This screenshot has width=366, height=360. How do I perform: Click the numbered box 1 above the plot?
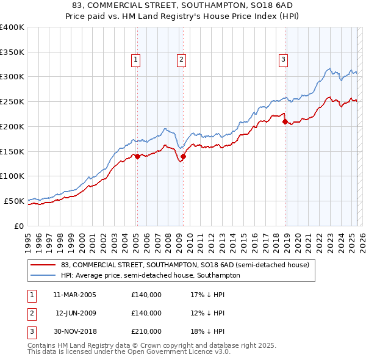[x=135, y=59]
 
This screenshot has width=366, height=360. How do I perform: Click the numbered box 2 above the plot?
[x=182, y=59]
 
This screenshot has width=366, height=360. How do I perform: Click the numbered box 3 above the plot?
[x=284, y=59]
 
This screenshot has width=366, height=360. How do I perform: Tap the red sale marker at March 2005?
[x=137, y=156]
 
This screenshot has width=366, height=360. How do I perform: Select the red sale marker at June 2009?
[x=184, y=156]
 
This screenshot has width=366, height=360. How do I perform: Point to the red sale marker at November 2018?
[x=285, y=121]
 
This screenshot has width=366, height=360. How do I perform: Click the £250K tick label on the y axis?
[x=12, y=101]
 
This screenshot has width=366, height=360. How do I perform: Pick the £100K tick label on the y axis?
[x=12, y=176]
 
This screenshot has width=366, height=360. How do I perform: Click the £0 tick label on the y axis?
[x=19, y=226]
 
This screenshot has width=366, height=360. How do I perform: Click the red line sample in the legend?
[x=42, y=265]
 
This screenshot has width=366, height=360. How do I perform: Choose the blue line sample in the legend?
[x=42, y=276]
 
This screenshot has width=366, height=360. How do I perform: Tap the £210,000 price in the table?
[x=146, y=331]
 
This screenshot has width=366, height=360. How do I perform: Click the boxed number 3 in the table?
[x=31, y=331]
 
